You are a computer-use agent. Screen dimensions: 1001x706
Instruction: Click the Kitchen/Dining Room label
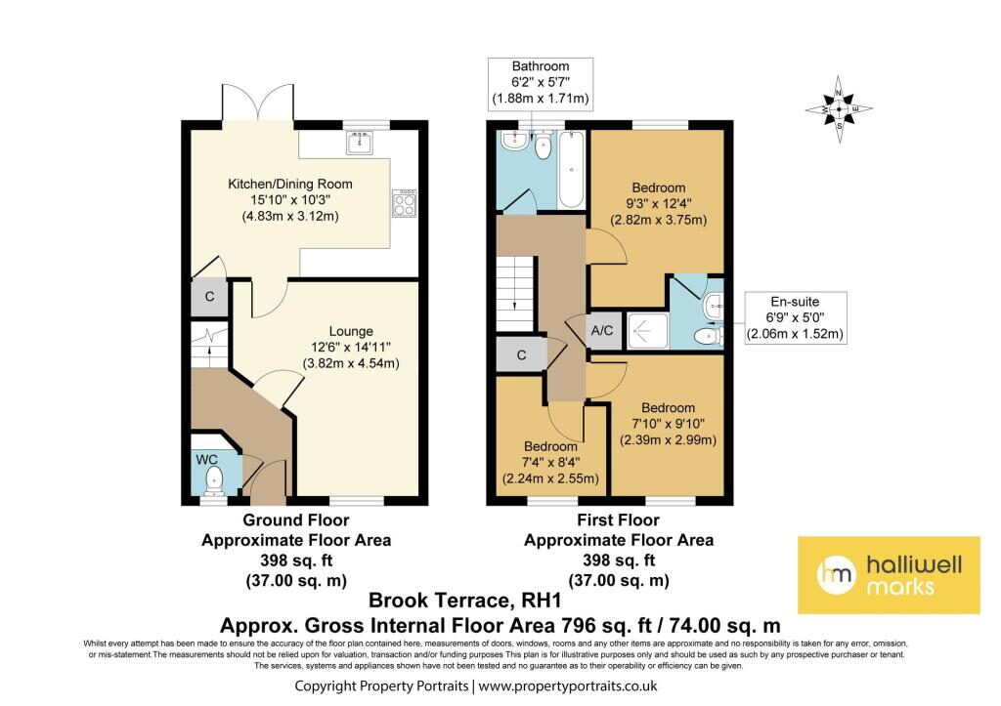pyautogui.click(x=290, y=184)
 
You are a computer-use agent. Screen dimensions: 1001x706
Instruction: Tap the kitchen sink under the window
pyautogui.click(x=362, y=143)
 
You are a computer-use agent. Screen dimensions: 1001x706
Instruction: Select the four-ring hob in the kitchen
pyautogui.click(x=405, y=203)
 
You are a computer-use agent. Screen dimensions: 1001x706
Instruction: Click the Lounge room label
pyautogui.click(x=351, y=331)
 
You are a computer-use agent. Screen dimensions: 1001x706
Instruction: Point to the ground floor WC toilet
pyautogui.click(x=214, y=480)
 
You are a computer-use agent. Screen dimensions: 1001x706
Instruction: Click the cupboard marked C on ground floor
pyautogui.click(x=209, y=297)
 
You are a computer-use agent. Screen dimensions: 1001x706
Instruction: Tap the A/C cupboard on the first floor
pyautogui.click(x=602, y=330)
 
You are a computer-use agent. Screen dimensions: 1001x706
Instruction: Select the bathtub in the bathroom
pyautogui.click(x=571, y=169)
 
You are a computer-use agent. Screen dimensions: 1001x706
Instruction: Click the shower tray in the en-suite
pyautogui.click(x=647, y=331)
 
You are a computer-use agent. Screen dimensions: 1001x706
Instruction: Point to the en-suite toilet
pyautogui.click(x=708, y=336)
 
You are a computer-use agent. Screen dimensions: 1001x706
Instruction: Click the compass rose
pyautogui.click(x=839, y=109)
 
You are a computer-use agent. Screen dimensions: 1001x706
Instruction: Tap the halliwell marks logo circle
pyautogui.click(x=837, y=574)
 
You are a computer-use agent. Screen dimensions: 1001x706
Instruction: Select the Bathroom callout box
pyautogui.click(x=540, y=82)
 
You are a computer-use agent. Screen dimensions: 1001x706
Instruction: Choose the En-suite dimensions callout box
pyautogui.click(x=796, y=317)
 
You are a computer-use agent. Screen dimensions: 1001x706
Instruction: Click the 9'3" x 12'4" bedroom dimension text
pyautogui.click(x=658, y=204)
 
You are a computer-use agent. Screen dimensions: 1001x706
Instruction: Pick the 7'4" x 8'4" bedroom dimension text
pyautogui.click(x=550, y=463)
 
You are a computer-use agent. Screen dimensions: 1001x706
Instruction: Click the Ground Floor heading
pyautogui.click(x=296, y=519)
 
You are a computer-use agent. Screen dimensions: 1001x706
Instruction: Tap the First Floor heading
pyautogui.click(x=619, y=519)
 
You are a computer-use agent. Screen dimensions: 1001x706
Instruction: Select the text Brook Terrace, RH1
pyautogui.click(x=464, y=601)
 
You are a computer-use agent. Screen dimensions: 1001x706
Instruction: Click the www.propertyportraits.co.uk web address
pyautogui.click(x=568, y=686)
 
